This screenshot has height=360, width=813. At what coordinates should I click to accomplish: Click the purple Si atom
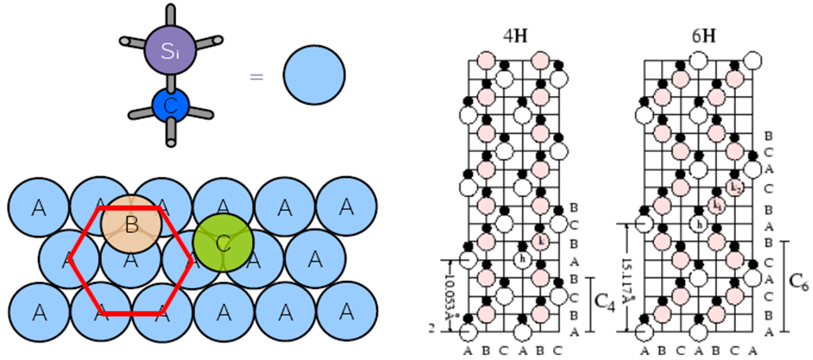[x=171, y=48]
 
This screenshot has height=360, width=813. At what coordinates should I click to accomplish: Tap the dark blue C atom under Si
[x=171, y=105]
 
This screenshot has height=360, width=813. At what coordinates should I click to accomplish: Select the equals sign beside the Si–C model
[x=255, y=76]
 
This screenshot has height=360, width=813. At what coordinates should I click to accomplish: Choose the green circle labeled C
[x=223, y=243]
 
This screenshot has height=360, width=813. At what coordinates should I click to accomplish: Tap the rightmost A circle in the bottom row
[x=346, y=312]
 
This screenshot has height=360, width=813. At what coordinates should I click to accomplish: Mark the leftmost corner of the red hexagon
[x=71, y=261]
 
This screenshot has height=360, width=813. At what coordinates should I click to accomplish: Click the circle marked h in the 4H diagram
[x=522, y=257]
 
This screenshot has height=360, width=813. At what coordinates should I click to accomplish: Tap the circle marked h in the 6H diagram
[x=698, y=223]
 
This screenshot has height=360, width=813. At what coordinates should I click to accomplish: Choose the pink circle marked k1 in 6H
[x=716, y=204]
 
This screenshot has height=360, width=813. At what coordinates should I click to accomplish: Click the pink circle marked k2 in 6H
[x=735, y=188]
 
